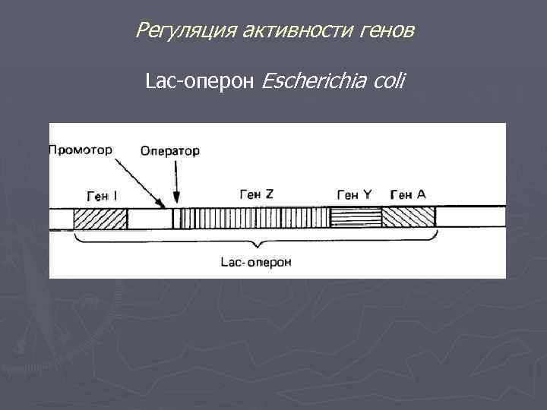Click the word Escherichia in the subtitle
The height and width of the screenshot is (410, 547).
coord(315,80)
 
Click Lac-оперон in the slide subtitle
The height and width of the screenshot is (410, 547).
coord(201,80)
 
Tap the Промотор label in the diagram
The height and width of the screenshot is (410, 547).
coord(81,150)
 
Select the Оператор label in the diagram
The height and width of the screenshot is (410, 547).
coord(170,150)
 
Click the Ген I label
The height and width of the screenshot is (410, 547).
coord(102,196)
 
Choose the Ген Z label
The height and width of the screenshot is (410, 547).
coord(256,194)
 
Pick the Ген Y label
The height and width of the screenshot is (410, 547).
coord(354,195)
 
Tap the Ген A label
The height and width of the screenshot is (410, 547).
coord(408,194)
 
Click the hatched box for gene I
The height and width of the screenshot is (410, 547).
coord(100,219)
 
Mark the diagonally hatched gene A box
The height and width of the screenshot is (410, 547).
coord(408,219)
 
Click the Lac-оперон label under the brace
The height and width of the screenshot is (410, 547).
coord(256,263)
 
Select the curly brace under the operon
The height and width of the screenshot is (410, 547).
coord(258,241)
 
